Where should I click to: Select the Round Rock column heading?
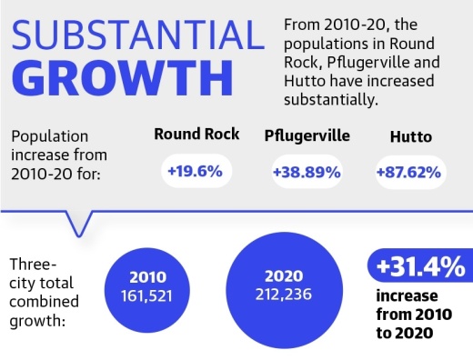coord(196,135)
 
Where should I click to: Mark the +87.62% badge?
coord(409,171)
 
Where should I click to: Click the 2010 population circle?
coord(147,286)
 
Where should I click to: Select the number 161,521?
coord(147,296)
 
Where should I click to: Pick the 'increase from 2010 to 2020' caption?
coord(411,315)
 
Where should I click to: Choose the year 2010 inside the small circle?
coord(147,277)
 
